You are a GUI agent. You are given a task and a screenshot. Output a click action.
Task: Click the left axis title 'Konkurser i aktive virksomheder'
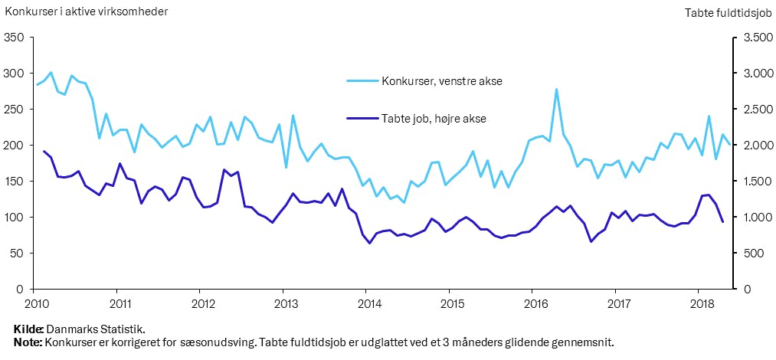(x=86, y=11)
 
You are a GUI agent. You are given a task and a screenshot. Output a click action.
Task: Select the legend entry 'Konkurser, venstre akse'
(x=442, y=80)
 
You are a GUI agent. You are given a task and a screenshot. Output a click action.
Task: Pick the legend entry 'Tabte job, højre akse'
(x=434, y=118)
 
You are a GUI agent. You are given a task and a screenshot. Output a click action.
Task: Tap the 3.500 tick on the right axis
(x=754, y=38)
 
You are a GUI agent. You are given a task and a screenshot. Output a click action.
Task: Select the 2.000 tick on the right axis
(x=754, y=146)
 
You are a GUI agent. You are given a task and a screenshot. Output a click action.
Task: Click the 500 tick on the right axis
(x=751, y=254)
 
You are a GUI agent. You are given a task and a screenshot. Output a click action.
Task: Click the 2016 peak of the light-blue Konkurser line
(x=556, y=90)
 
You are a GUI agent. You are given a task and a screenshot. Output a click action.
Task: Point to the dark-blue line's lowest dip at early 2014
(x=370, y=244)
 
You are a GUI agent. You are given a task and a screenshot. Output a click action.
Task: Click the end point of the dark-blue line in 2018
(x=722, y=222)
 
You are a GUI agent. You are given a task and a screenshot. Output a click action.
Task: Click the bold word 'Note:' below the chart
(x=29, y=342)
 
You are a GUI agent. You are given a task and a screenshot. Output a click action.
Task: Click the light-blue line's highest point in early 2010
(x=51, y=73)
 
